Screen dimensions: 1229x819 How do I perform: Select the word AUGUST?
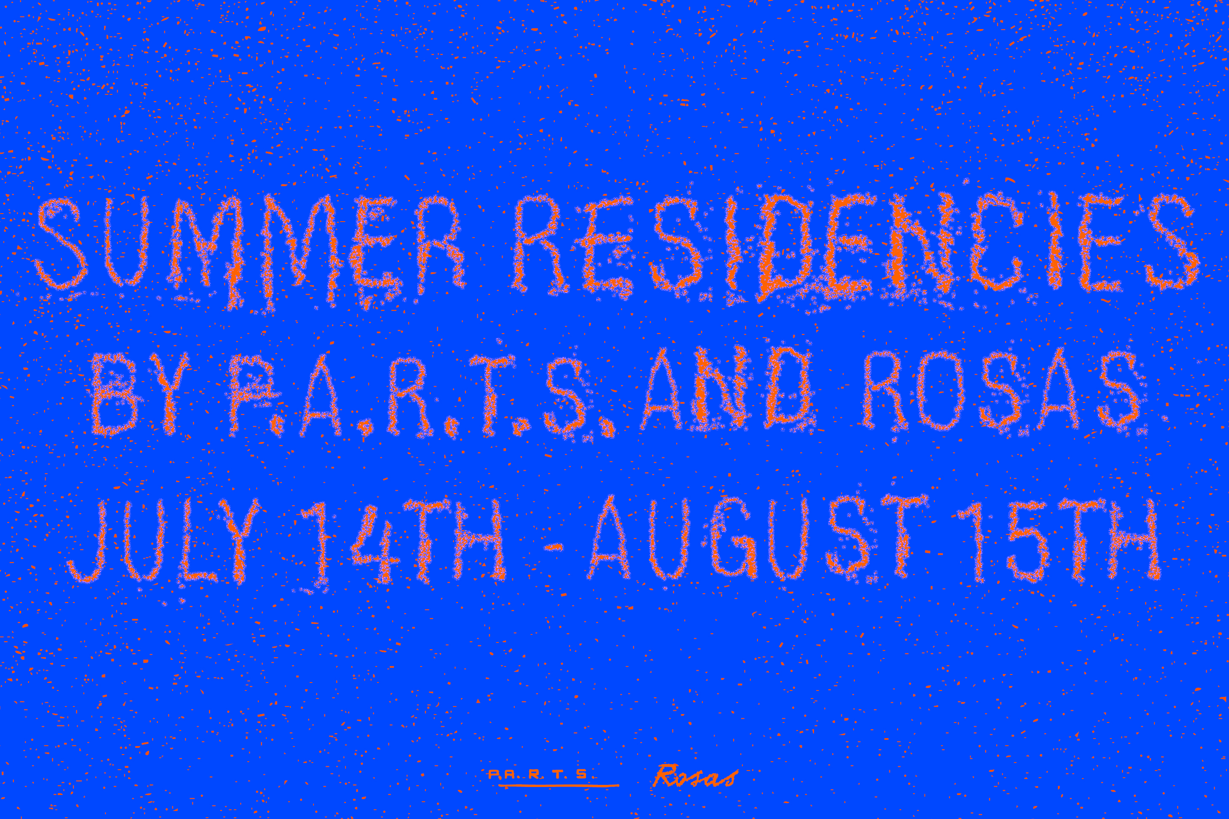[x=758, y=538]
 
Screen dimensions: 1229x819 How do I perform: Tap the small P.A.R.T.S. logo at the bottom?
[x=540, y=775]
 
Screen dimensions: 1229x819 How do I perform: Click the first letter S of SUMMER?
[x=62, y=244]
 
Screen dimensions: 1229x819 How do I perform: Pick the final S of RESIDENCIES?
[x=1172, y=243]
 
